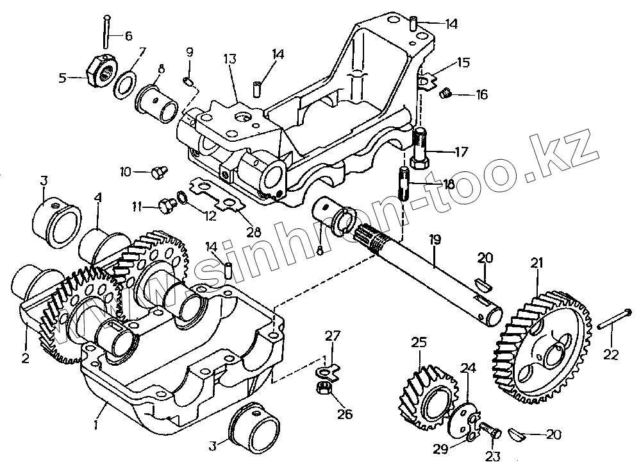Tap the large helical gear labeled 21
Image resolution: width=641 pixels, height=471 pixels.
542,347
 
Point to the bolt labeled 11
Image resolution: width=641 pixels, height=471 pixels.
167,205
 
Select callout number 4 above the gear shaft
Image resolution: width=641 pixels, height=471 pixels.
97,199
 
